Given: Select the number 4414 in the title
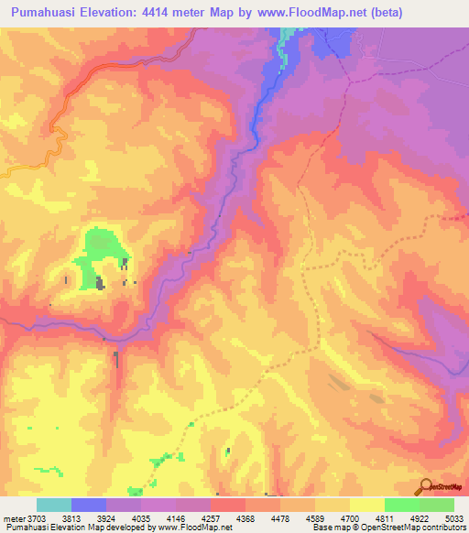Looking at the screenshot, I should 170,11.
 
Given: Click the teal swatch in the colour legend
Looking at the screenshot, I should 53,505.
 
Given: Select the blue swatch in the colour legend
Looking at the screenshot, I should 88,505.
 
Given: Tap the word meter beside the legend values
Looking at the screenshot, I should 15,517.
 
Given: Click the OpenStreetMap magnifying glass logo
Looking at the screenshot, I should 425,485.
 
